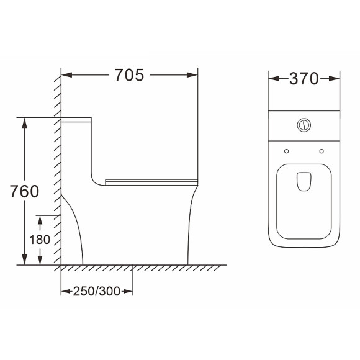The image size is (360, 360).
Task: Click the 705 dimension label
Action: point(129,75)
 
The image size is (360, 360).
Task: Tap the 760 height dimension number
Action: point(24,191)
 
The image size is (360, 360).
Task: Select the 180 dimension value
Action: point(40,240)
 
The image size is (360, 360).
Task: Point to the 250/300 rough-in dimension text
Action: point(97,291)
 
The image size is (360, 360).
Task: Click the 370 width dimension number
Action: point(304,79)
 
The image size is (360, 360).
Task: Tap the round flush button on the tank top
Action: point(304,125)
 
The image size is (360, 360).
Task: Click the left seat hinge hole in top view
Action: point(286,151)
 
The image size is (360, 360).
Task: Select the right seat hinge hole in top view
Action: point(322,151)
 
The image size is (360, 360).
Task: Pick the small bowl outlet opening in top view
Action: point(304,181)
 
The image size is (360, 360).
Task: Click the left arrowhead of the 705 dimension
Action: point(67,75)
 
